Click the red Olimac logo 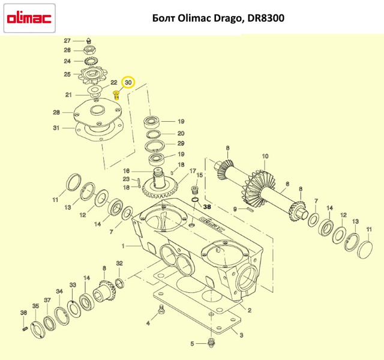click(x=29, y=19)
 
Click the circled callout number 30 click(x=128, y=83)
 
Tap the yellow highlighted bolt click(x=116, y=95)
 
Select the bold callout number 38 click(x=207, y=207)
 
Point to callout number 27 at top click(x=67, y=41)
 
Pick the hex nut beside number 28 click(x=89, y=50)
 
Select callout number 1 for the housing click(x=124, y=246)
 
